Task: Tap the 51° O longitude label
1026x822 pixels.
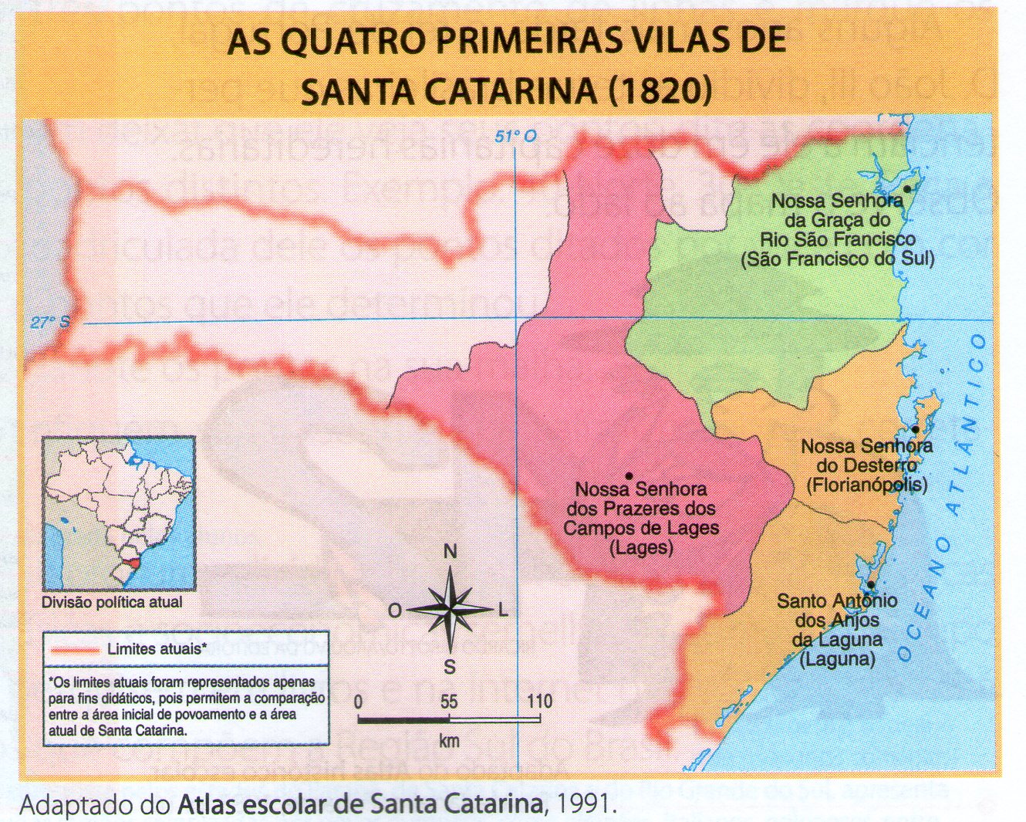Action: point(515,137)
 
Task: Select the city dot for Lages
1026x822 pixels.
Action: point(629,475)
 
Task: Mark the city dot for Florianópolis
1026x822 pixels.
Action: point(915,429)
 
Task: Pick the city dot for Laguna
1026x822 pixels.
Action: point(870,585)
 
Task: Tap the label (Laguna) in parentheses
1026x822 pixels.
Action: point(837,659)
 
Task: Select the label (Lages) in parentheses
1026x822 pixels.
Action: point(640,548)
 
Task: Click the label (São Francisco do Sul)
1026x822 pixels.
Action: point(837,259)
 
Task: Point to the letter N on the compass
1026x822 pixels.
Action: point(450,551)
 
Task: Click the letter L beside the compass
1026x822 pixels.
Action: point(503,611)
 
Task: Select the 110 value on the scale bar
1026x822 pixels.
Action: point(540,701)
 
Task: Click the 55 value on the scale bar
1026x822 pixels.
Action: point(449,701)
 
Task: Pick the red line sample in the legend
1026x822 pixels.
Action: point(74,650)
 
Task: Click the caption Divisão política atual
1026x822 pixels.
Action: point(113,602)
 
